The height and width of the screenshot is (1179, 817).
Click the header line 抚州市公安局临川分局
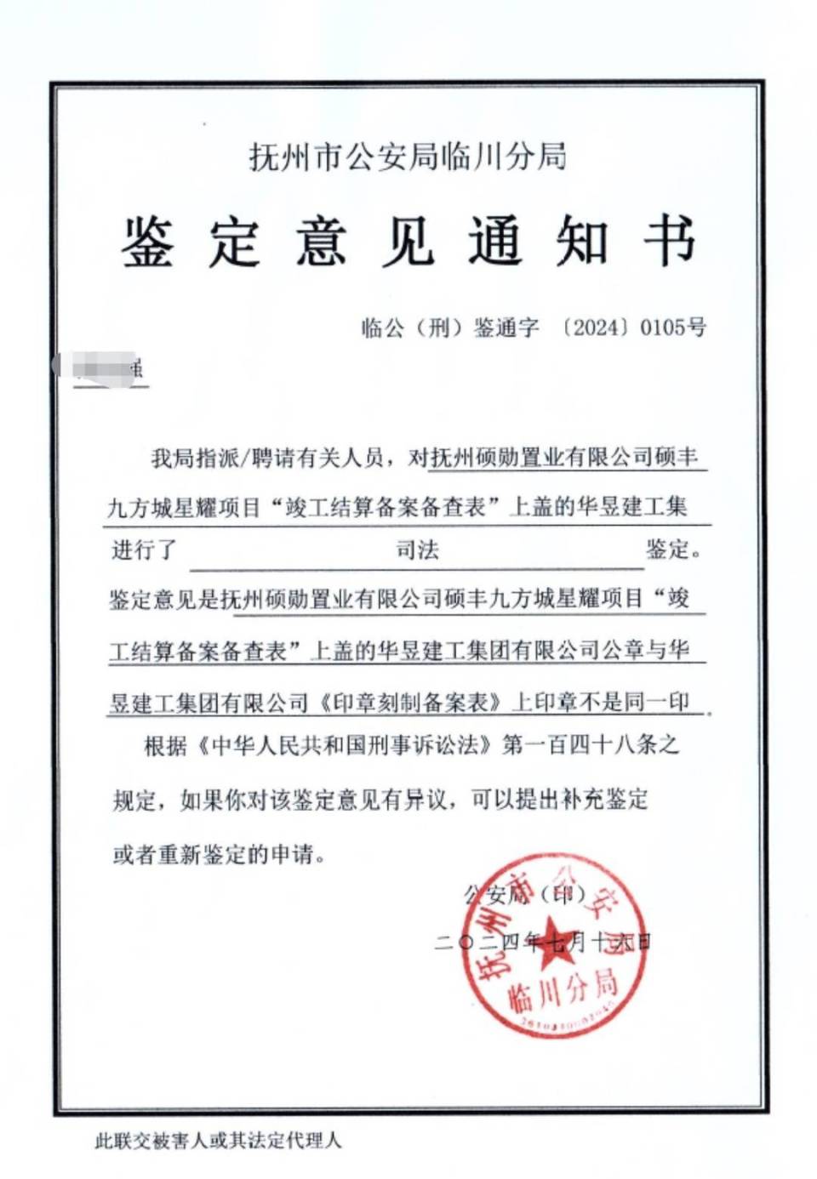pyautogui.click(x=408, y=157)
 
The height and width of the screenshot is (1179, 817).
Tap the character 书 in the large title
pyautogui.click(x=669, y=241)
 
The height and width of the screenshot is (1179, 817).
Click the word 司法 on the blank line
pyautogui.click(x=417, y=550)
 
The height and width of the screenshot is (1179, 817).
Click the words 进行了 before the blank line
pyautogui.click(x=143, y=550)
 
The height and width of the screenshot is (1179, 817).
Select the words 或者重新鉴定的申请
pyautogui.click(x=219, y=853)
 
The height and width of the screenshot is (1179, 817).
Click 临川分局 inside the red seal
pyautogui.click(x=562, y=990)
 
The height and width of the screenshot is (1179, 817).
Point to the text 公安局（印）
pyautogui.click(x=525, y=893)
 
